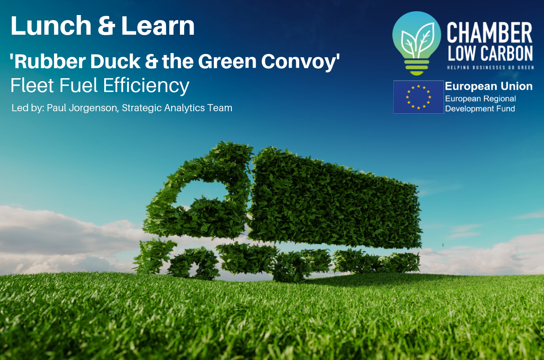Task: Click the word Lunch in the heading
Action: pyautogui.click(x=51, y=26)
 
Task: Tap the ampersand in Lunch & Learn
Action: pyautogui.click(x=106, y=26)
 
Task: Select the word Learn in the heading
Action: pyautogui.click(x=158, y=26)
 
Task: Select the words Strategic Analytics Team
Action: pyautogui.click(x=177, y=108)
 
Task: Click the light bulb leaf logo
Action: pyautogui.click(x=417, y=43)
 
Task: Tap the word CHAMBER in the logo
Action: pyautogui.click(x=489, y=33)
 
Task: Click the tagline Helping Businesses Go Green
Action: pyautogui.click(x=490, y=67)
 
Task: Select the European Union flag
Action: pyautogui.click(x=418, y=97)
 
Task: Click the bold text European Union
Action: pyautogui.click(x=489, y=87)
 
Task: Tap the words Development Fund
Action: pyautogui.click(x=480, y=108)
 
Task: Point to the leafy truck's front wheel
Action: pyautogui.click(x=194, y=263)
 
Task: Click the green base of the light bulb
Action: pyautogui.click(x=417, y=67)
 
